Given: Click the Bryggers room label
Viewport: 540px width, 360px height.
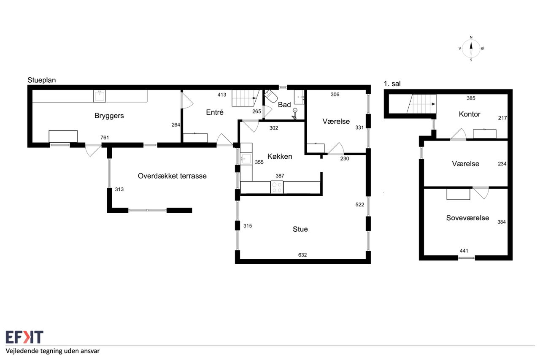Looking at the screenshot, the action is point(109,116).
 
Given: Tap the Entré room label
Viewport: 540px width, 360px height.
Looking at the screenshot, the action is point(215,112).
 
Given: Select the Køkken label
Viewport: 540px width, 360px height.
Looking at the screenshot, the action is point(280,156).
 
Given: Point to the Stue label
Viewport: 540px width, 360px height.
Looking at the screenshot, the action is point(300,229).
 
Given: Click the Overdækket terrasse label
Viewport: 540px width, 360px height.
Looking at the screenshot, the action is point(172,176).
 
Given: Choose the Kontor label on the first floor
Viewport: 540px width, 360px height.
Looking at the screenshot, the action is point(470,114).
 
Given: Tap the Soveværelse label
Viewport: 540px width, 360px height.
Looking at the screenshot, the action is point(467,218).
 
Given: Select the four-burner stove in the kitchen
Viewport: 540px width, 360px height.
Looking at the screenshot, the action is point(277,187).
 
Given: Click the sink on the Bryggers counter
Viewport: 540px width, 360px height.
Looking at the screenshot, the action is point(100,96).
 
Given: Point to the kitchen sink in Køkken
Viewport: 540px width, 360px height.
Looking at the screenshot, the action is point(246,159).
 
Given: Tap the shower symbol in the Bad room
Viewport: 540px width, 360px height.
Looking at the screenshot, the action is point(294,114).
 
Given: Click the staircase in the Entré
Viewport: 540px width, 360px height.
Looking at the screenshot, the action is point(246,98).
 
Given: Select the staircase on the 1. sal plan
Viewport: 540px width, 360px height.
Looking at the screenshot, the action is point(421,104).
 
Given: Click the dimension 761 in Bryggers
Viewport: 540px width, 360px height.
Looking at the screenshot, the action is point(105,138).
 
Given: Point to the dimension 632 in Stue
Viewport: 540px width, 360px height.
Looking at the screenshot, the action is point(302,255).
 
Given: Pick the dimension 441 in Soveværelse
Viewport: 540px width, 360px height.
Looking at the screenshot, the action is point(464,251).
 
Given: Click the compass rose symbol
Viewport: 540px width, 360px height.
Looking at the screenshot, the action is point(471,49).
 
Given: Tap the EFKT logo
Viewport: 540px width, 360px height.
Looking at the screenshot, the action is point(24,337).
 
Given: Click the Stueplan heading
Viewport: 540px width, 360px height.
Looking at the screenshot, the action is point(42,80).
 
